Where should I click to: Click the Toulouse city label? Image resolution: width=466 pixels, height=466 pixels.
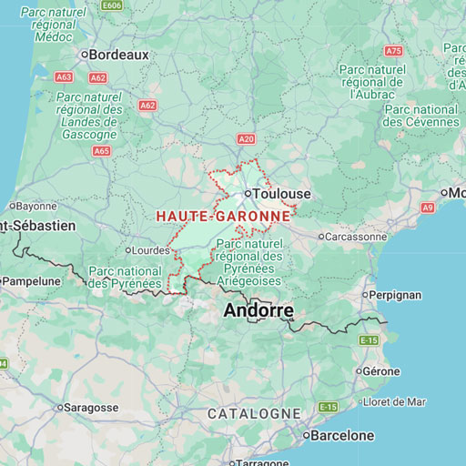[x=281, y=194]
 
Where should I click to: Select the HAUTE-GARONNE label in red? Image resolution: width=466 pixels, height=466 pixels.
[x=223, y=217]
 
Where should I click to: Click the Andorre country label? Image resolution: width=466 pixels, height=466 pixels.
[x=258, y=311]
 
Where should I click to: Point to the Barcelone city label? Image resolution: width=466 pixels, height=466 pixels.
[x=342, y=436]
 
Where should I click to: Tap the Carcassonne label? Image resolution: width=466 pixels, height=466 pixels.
[x=356, y=237]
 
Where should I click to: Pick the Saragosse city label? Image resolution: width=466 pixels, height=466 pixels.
[x=92, y=408]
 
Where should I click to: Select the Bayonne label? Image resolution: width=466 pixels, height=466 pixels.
[x=36, y=207]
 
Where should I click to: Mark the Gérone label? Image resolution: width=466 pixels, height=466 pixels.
[x=380, y=371]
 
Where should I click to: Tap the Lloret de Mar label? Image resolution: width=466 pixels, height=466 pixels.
[x=393, y=401]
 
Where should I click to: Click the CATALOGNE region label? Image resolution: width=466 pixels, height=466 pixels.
[x=254, y=413]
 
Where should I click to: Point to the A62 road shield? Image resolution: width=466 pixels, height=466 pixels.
[x=147, y=106]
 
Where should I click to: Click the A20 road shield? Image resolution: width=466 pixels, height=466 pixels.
[x=246, y=138]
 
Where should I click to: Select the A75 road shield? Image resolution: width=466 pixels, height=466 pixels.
[x=393, y=51]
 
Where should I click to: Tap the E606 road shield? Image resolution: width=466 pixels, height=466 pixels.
[x=112, y=5]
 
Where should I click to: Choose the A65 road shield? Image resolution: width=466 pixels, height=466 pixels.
[x=102, y=151]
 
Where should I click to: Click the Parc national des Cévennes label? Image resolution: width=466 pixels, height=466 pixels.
[x=420, y=115]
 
